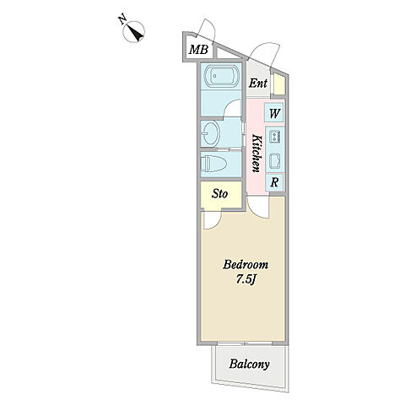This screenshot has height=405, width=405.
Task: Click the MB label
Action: coord(198,50)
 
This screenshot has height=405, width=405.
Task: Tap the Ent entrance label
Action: coord(258,84)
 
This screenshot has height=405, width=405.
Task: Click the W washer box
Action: coord(274,114)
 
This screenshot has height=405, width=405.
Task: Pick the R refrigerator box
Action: coord(274,183)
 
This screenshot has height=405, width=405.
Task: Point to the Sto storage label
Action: coord(220,194)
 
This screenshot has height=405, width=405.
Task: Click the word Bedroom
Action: coord(246,265)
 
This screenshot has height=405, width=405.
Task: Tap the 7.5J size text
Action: coord(246,279)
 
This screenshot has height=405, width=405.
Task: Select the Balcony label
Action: coord(249,364)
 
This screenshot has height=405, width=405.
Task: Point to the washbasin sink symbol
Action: coord(210,133)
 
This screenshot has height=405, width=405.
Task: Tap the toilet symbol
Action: coord(213,164)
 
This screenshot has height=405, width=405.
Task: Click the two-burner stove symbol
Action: coord(274,136)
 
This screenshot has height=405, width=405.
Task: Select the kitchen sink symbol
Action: coord(275,161)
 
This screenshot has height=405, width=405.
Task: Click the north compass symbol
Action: coord(134,32)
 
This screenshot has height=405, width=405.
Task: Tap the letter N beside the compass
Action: coord(121,20)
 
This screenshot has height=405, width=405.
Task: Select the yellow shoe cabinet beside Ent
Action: coord(279,84)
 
